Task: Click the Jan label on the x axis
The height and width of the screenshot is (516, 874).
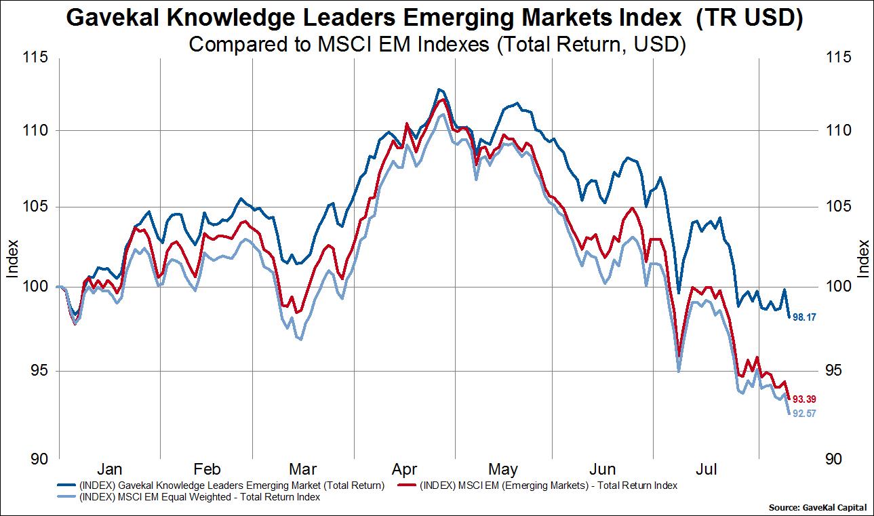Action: pyautogui.click(x=110, y=469)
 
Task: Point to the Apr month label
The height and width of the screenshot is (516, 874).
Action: pyautogui.click(x=404, y=469)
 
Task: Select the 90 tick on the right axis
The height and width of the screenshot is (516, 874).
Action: pyautogui.click(x=838, y=458)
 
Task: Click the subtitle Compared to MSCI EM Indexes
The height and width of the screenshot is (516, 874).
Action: pyautogui.click(x=437, y=45)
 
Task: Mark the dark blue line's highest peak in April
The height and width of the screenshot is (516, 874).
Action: pyautogui.click(x=439, y=89)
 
